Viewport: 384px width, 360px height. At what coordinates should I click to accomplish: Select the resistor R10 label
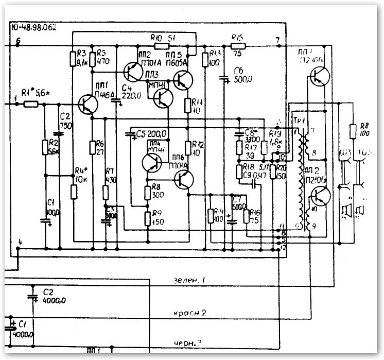tap(157, 38)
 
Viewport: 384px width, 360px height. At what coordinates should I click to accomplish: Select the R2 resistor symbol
tap(45, 147)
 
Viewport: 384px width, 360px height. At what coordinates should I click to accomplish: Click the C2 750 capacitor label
tap(65, 123)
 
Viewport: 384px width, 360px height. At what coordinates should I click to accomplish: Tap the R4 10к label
tap(79, 175)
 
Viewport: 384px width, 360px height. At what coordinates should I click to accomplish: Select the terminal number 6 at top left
tap(19, 40)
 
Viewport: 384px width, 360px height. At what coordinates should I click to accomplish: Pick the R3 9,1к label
tap(80, 57)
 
